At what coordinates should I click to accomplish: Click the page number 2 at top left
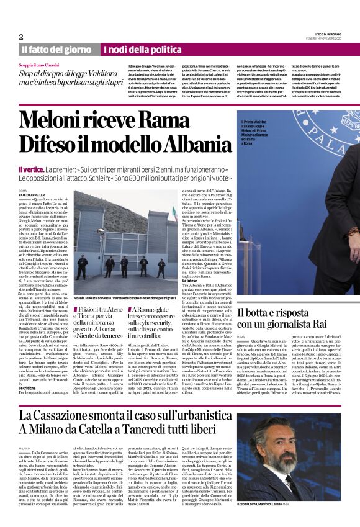tap(21, 37)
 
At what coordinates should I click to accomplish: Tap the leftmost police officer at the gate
tap(81, 267)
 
